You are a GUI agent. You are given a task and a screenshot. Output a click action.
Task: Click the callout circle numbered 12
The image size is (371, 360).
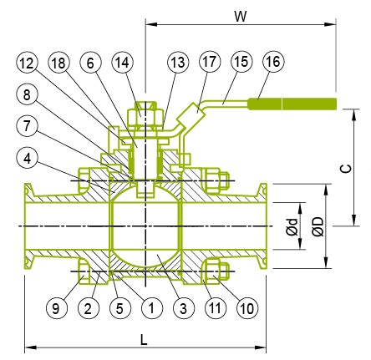pos(27,63)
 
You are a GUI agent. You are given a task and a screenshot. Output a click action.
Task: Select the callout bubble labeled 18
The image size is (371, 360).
pos(58,63)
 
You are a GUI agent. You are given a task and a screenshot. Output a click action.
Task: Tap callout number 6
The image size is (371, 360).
pos(90,63)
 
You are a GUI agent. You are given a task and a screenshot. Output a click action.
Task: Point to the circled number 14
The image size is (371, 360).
pos(122,63)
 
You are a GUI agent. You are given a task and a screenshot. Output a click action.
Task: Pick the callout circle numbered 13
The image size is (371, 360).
pos(178,62)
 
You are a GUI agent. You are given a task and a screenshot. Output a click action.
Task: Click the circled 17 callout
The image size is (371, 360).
pos(210,62)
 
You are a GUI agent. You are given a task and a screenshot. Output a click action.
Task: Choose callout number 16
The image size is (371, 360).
pos(273,62)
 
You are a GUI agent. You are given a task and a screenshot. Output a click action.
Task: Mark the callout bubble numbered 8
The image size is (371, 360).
pos(27,94)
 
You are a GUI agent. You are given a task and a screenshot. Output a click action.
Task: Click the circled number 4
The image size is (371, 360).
pos(27,159)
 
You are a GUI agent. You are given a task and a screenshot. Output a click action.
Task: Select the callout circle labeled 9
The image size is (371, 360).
pos(57,308)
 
